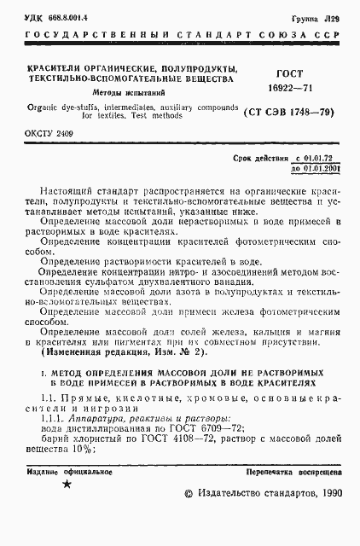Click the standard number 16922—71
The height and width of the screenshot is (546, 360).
pos(293,88)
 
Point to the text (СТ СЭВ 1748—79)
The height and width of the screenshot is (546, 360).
pos(293,112)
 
